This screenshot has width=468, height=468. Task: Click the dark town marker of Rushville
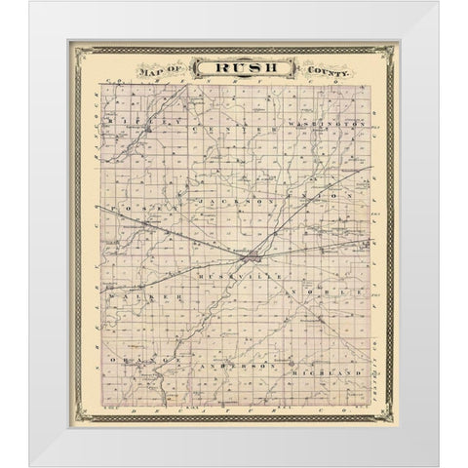[253, 257]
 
